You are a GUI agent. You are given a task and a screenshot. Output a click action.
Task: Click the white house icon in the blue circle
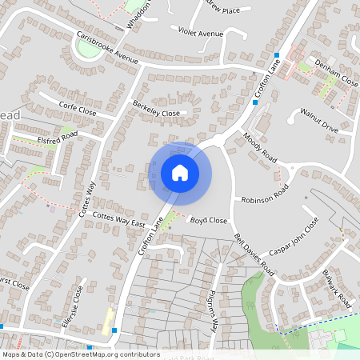[179, 172]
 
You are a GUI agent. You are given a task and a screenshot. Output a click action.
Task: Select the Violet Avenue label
[200, 34]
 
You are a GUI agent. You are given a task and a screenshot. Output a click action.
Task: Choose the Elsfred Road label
[57, 136]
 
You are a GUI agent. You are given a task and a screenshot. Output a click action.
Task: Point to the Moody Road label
[259, 147]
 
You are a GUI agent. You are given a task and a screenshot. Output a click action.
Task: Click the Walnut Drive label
[320, 120]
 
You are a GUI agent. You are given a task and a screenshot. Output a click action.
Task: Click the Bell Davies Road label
[254, 255]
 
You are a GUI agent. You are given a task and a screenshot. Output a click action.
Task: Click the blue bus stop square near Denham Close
[277, 55]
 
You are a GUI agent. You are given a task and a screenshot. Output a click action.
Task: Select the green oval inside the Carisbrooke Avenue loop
[86, 50]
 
